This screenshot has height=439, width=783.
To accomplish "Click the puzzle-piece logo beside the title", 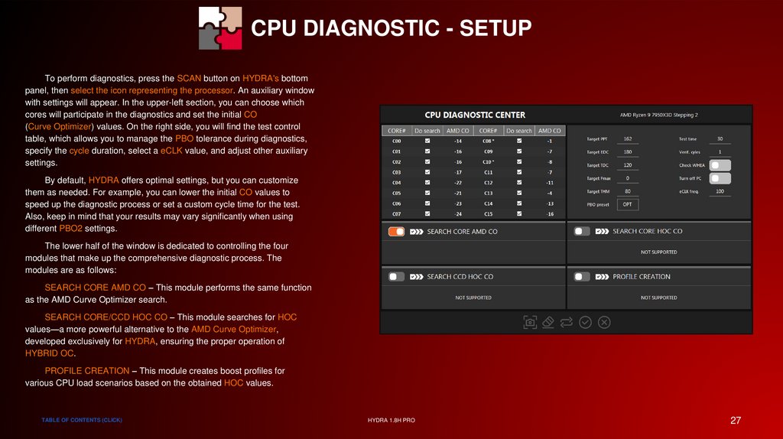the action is coord(220,28).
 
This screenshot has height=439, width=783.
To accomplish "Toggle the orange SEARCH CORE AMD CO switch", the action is coord(397,232).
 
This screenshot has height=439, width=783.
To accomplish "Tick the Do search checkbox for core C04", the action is coord(427,182).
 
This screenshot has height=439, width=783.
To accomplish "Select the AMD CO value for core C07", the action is coord(459,213).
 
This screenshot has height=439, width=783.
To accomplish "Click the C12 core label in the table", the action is coord(488,183).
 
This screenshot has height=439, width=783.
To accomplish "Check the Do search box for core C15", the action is coord(519,213).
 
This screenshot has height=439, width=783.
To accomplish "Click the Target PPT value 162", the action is coord(628,139).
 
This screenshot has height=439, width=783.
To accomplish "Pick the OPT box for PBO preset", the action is coord(628,204).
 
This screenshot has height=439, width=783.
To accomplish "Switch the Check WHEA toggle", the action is coord(720,165).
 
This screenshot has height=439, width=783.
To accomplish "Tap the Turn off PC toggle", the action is coord(720,178).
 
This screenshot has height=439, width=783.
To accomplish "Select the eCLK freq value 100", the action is coord(720,191).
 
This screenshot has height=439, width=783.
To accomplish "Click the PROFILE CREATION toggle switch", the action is coord(582,277).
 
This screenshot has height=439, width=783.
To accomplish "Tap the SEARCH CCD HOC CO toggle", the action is coord(397,277).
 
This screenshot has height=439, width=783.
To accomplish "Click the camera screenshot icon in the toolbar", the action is coord(530,322).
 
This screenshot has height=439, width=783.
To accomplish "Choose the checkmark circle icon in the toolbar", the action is coord(585,322).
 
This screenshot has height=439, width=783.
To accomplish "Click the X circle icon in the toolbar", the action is coord(604,322).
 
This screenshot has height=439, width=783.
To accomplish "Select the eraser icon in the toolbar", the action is coord(547,322).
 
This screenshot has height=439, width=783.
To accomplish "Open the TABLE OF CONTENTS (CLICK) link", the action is coord(82,420).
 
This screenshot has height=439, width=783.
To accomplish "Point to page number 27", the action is coord(736,421).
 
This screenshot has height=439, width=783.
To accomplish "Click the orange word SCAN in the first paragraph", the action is coord(189,79).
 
